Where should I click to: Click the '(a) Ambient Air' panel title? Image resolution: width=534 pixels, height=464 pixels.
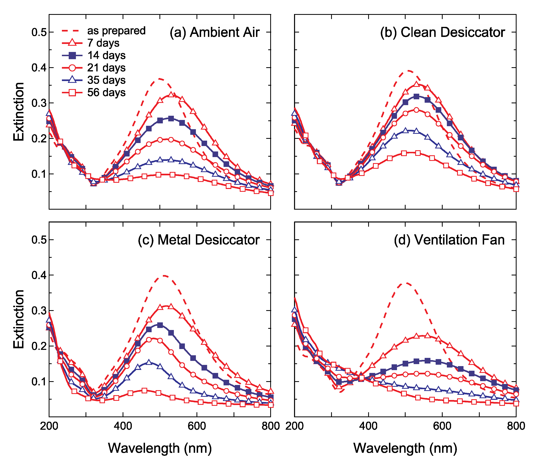214,33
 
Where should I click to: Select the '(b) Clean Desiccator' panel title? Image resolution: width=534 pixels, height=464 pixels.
442,33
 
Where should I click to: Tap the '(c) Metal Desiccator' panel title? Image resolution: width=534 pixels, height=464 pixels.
198,240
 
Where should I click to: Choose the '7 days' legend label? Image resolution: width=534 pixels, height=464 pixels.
103,43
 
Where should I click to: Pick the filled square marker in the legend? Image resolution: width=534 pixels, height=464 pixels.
72,55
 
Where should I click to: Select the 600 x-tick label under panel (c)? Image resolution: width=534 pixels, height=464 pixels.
197,426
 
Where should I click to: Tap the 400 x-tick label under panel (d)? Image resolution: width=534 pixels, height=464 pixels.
368,426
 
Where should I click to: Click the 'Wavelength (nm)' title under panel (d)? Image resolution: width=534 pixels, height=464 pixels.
405,448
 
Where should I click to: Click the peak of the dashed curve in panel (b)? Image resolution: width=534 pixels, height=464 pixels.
408,70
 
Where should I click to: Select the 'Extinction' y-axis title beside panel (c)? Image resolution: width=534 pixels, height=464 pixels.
19,319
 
